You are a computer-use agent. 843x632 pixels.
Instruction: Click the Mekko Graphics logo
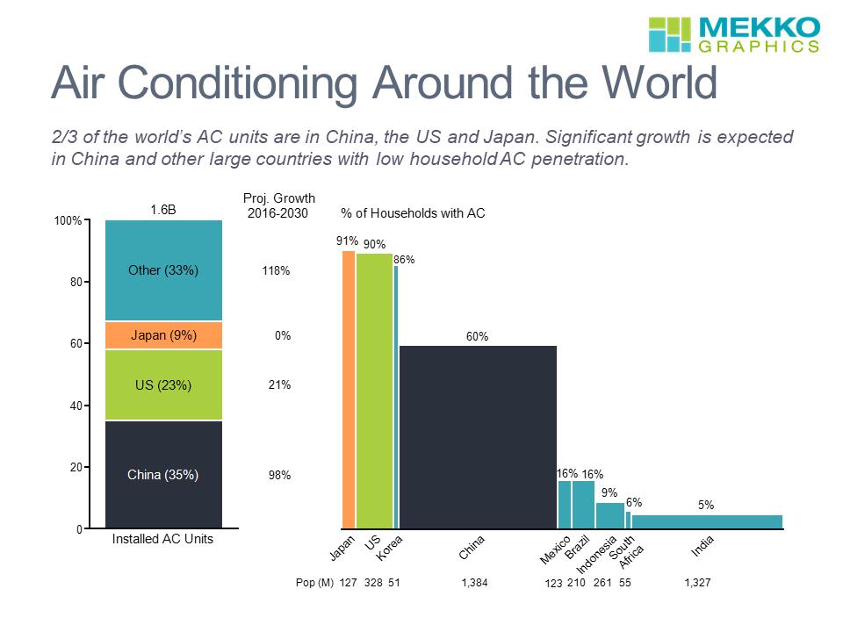734,34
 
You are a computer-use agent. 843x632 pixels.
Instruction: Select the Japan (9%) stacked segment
163,335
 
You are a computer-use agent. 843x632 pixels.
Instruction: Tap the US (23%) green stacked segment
163,384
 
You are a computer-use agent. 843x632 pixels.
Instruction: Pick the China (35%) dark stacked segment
163,475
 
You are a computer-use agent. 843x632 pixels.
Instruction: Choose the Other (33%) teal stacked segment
163,270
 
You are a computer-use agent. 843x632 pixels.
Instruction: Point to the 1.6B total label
163,210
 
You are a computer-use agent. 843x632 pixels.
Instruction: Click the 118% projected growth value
276,271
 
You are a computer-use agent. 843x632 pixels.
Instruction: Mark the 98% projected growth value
279,475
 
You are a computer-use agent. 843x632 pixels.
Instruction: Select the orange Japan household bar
349,390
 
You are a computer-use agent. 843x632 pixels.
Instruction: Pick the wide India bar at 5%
706,521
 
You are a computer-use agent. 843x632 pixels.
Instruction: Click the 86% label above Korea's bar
404,260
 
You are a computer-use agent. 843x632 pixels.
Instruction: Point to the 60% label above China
477,336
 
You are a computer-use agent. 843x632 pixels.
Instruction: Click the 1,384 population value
474,582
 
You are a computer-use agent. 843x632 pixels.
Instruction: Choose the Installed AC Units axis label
162,540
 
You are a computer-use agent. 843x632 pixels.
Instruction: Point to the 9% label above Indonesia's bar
609,493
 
